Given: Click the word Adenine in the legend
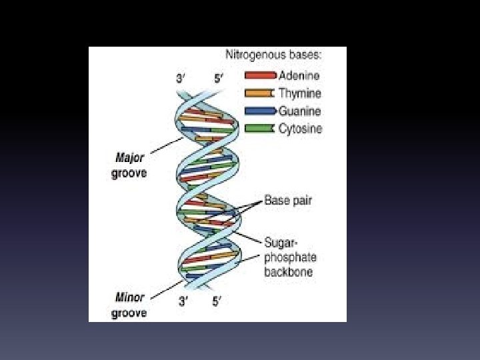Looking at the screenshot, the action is (x=299, y=76).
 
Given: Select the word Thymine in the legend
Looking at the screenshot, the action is (x=299, y=93).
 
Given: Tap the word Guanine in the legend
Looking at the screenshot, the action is (x=299, y=111).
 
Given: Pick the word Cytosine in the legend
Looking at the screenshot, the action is (x=300, y=128).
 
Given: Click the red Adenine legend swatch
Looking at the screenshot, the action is (x=260, y=76).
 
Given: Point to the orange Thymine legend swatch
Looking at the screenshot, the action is (x=260, y=93).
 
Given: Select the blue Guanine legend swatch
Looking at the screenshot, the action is (x=260, y=111).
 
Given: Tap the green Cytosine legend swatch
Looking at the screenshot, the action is (x=260, y=128).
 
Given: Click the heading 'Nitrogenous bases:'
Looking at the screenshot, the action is (x=273, y=57).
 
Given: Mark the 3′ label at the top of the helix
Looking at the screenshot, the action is (x=181, y=78).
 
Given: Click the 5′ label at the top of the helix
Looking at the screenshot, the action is (x=219, y=78).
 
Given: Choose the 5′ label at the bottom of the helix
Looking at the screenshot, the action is (x=217, y=301).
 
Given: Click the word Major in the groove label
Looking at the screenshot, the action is (x=130, y=158).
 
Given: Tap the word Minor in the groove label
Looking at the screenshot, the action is (x=130, y=297).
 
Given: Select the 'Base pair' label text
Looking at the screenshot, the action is (x=288, y=200).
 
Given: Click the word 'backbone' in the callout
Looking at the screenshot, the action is (x=288, y=272).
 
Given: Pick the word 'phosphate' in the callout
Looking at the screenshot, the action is (x=291, y=257).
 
